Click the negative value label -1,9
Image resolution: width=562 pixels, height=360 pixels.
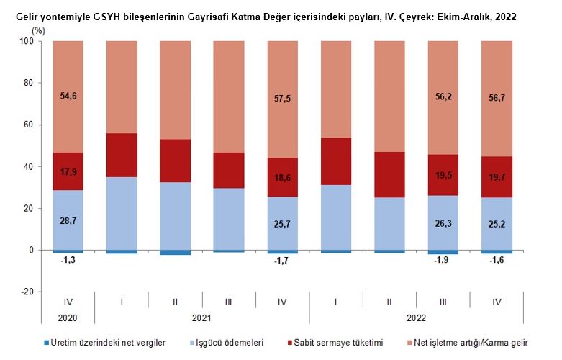click(443, 261)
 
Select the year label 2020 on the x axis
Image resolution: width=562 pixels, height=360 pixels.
click(68, 318)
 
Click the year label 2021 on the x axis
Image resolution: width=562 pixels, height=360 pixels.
click(201, 318)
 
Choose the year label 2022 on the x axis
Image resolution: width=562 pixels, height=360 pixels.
click(416, 318)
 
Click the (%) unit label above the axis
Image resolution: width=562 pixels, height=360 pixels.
click(39, 30)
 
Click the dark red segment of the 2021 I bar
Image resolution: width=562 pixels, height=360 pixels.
click(122, 155)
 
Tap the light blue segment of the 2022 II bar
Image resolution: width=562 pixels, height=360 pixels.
click(389, 223)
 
